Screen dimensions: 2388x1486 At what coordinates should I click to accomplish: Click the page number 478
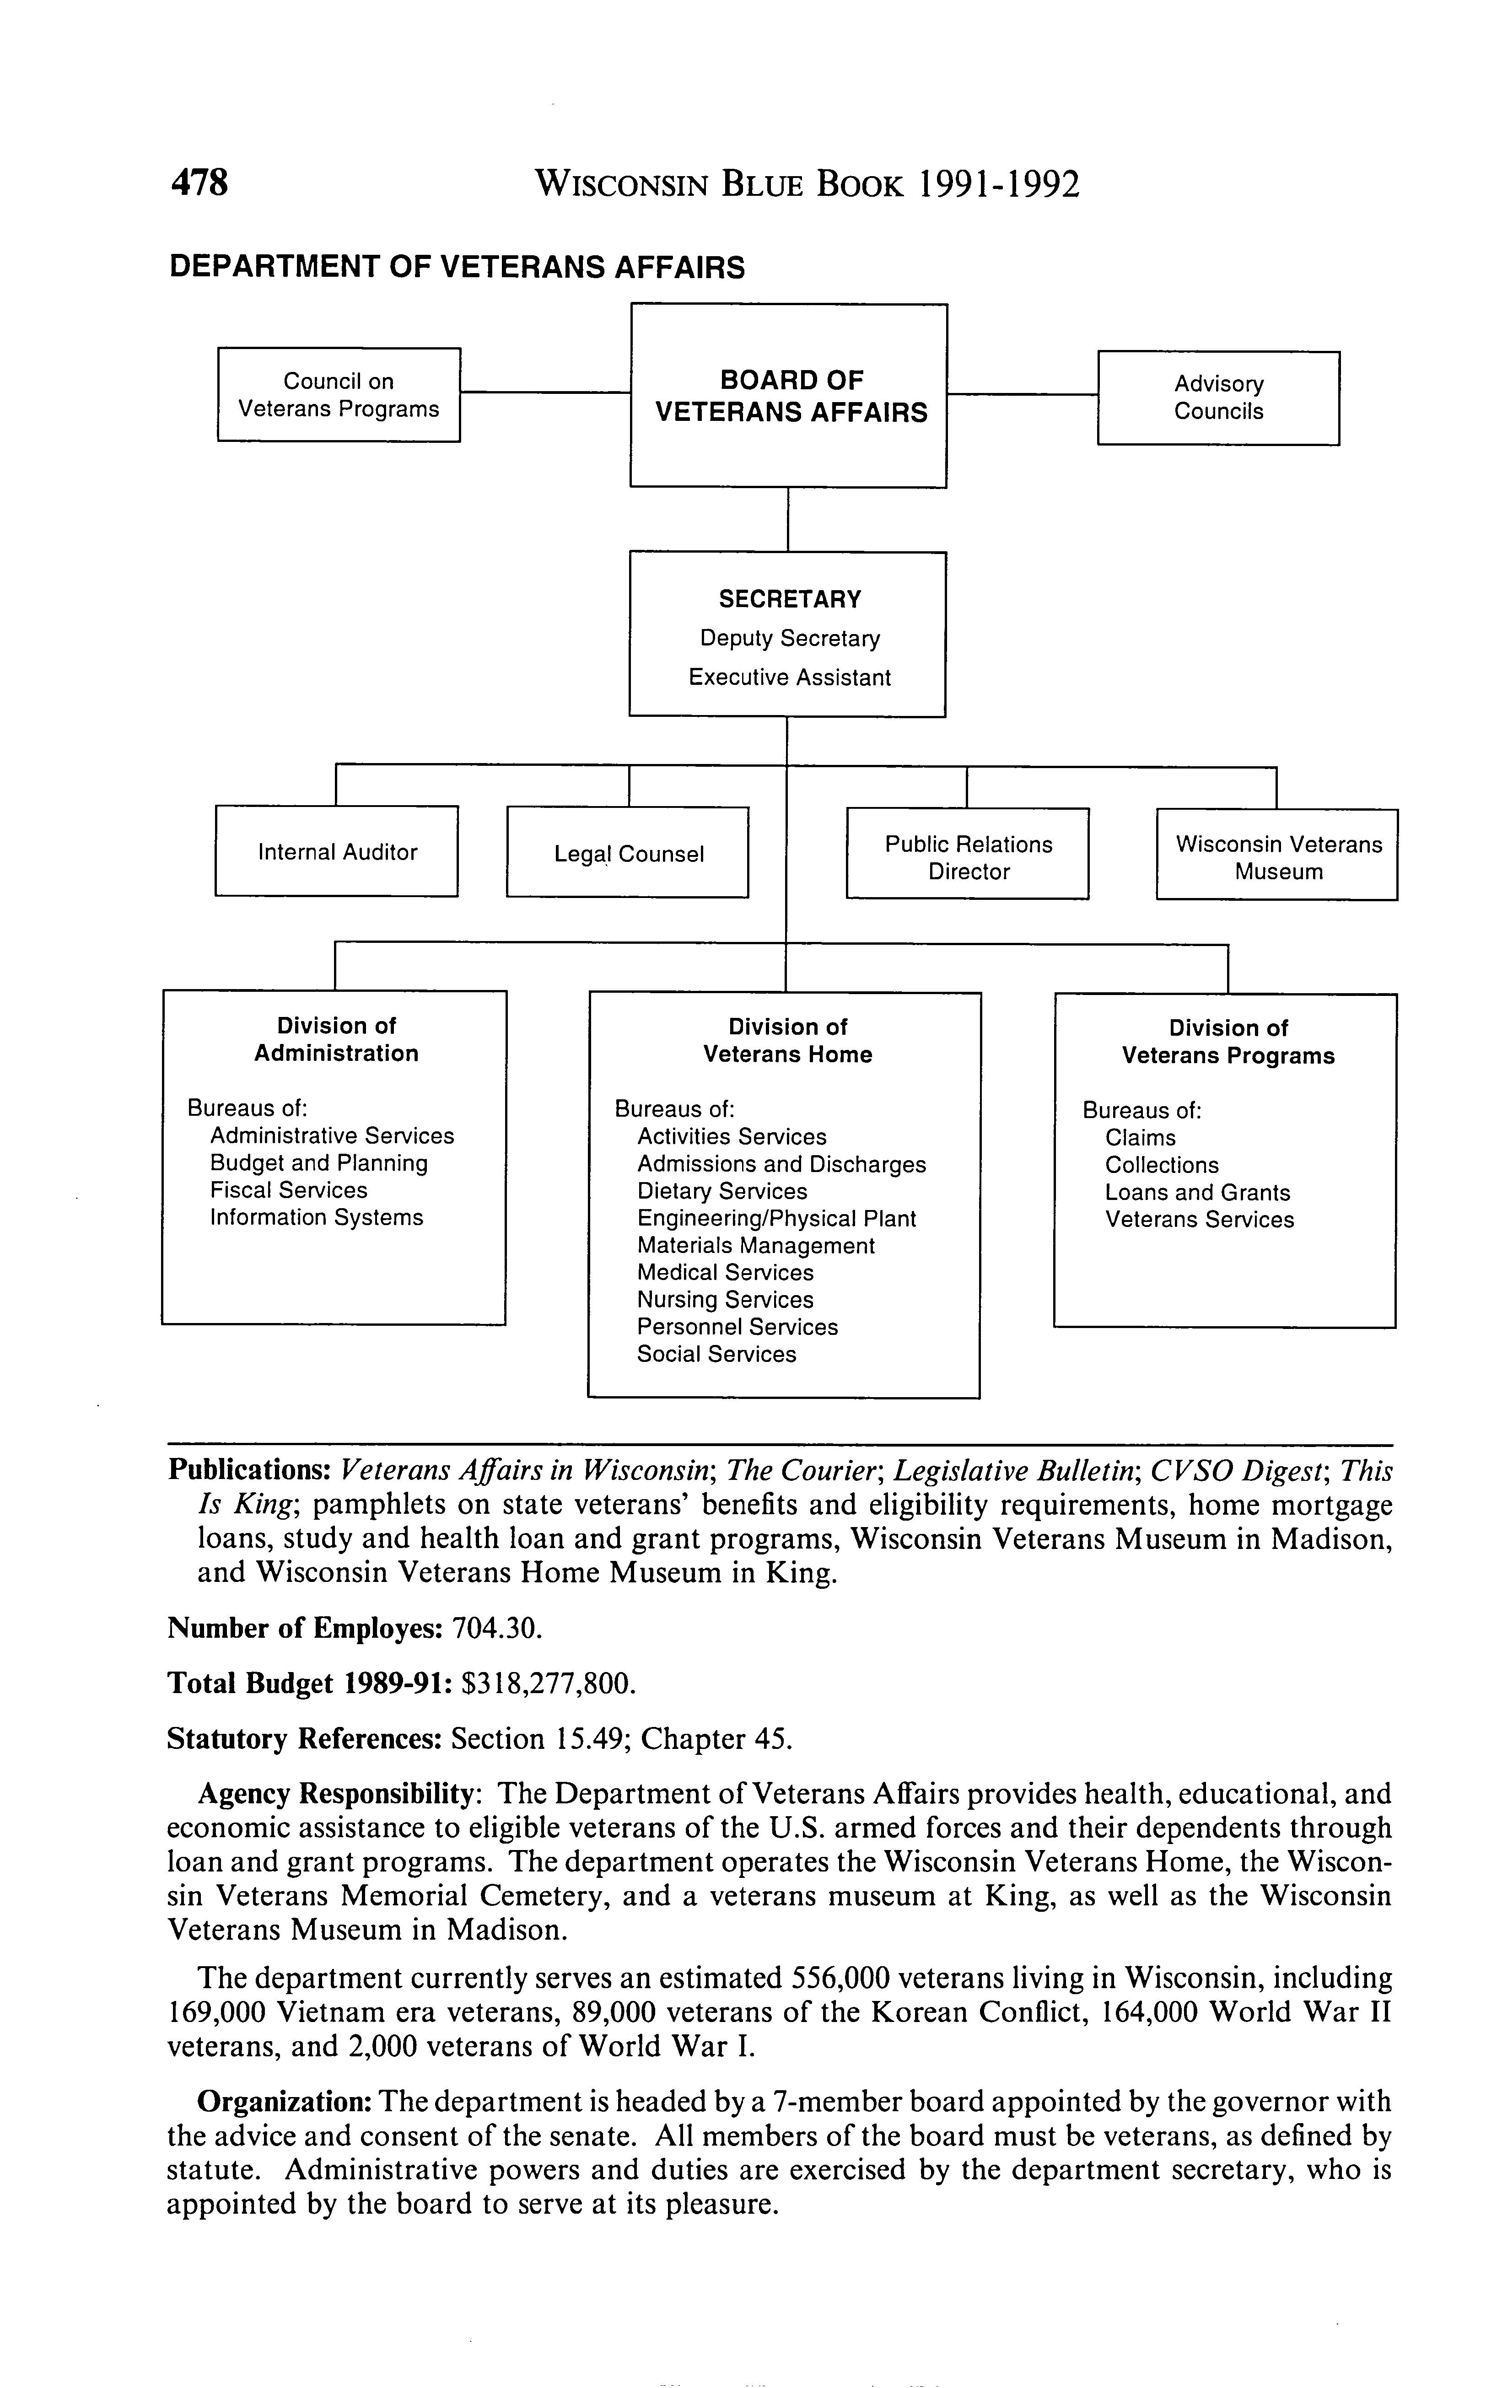click(x=199, y=184)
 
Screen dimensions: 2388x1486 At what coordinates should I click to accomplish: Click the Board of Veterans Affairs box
click(x=789, y=396)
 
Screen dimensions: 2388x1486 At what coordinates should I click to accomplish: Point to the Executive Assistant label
click(x=789, y=678)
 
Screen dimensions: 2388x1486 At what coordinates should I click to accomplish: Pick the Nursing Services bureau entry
click(x=725, y=1300)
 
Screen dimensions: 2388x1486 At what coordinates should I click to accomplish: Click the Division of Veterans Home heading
click(x=787, y=1041)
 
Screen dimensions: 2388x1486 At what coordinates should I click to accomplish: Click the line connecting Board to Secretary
click(x=788, y=520)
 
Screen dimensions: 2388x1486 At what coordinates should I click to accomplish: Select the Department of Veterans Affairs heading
click(x=457, y=267)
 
